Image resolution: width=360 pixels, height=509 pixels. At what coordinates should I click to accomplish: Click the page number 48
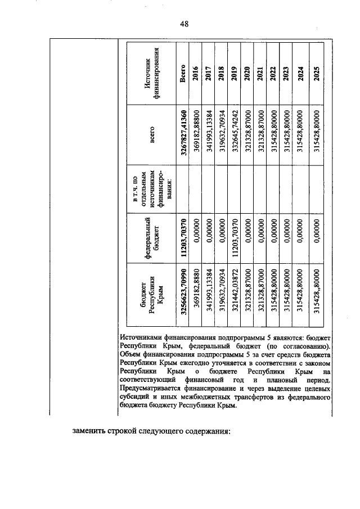[x=183, y=23]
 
